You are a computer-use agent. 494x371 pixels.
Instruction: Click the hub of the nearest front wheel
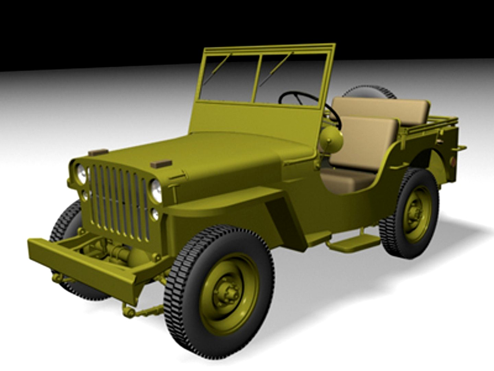[229, 293]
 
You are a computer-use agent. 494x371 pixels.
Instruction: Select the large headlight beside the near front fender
[156, 190]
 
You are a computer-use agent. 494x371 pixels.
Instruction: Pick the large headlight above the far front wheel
[81, 173]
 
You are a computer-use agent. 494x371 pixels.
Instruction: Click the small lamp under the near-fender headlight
[155, 214]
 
